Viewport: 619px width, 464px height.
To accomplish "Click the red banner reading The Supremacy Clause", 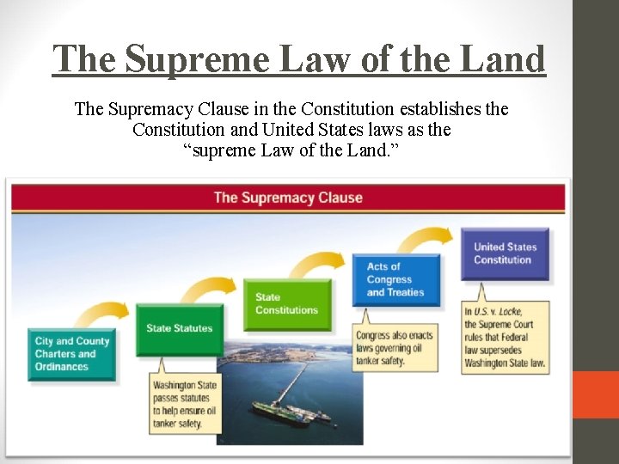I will click(x=288, y=198).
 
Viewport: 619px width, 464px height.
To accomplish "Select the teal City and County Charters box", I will click(x=71, y=354).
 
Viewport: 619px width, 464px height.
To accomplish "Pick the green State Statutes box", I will click(x=179, y=327).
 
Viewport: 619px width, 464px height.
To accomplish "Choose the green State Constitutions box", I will click(x=286, y=304).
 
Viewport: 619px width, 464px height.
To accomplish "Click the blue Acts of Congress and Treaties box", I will click(x=395, y=279).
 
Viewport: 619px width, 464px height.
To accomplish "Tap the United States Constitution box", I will click(x=505, y=253).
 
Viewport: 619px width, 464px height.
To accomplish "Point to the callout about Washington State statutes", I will click(x=184, y=403).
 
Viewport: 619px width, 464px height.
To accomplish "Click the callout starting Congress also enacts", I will click(x=395, y=346).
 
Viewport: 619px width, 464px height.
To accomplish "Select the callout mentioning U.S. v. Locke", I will click(x=505, y=336).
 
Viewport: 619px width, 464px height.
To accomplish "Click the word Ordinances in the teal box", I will click(x=62, y=367).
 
